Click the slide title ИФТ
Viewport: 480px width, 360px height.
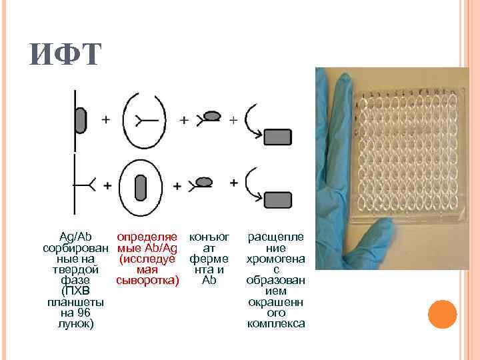pos(65,55)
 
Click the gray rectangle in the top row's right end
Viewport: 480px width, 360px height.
pos(279,137)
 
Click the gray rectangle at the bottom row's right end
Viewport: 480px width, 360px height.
pos(278,199)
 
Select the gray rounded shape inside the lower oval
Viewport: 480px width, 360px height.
pos(140,187)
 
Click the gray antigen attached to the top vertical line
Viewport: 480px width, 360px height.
pos(80,120)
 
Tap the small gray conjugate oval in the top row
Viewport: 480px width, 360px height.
pos(211,116)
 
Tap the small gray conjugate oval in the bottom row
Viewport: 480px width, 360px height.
pos(205,181)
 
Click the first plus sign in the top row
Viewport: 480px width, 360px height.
pos(105,119)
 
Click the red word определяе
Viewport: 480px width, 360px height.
pos(147,237)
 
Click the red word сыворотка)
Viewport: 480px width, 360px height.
pos(147,280)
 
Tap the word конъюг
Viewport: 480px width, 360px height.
pos(209,237)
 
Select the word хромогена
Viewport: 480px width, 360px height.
pos(276,259)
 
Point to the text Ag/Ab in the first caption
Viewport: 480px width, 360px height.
pos(76,237)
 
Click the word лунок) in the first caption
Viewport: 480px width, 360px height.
pos(76,323)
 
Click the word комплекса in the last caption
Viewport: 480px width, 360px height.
pos(276,323)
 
